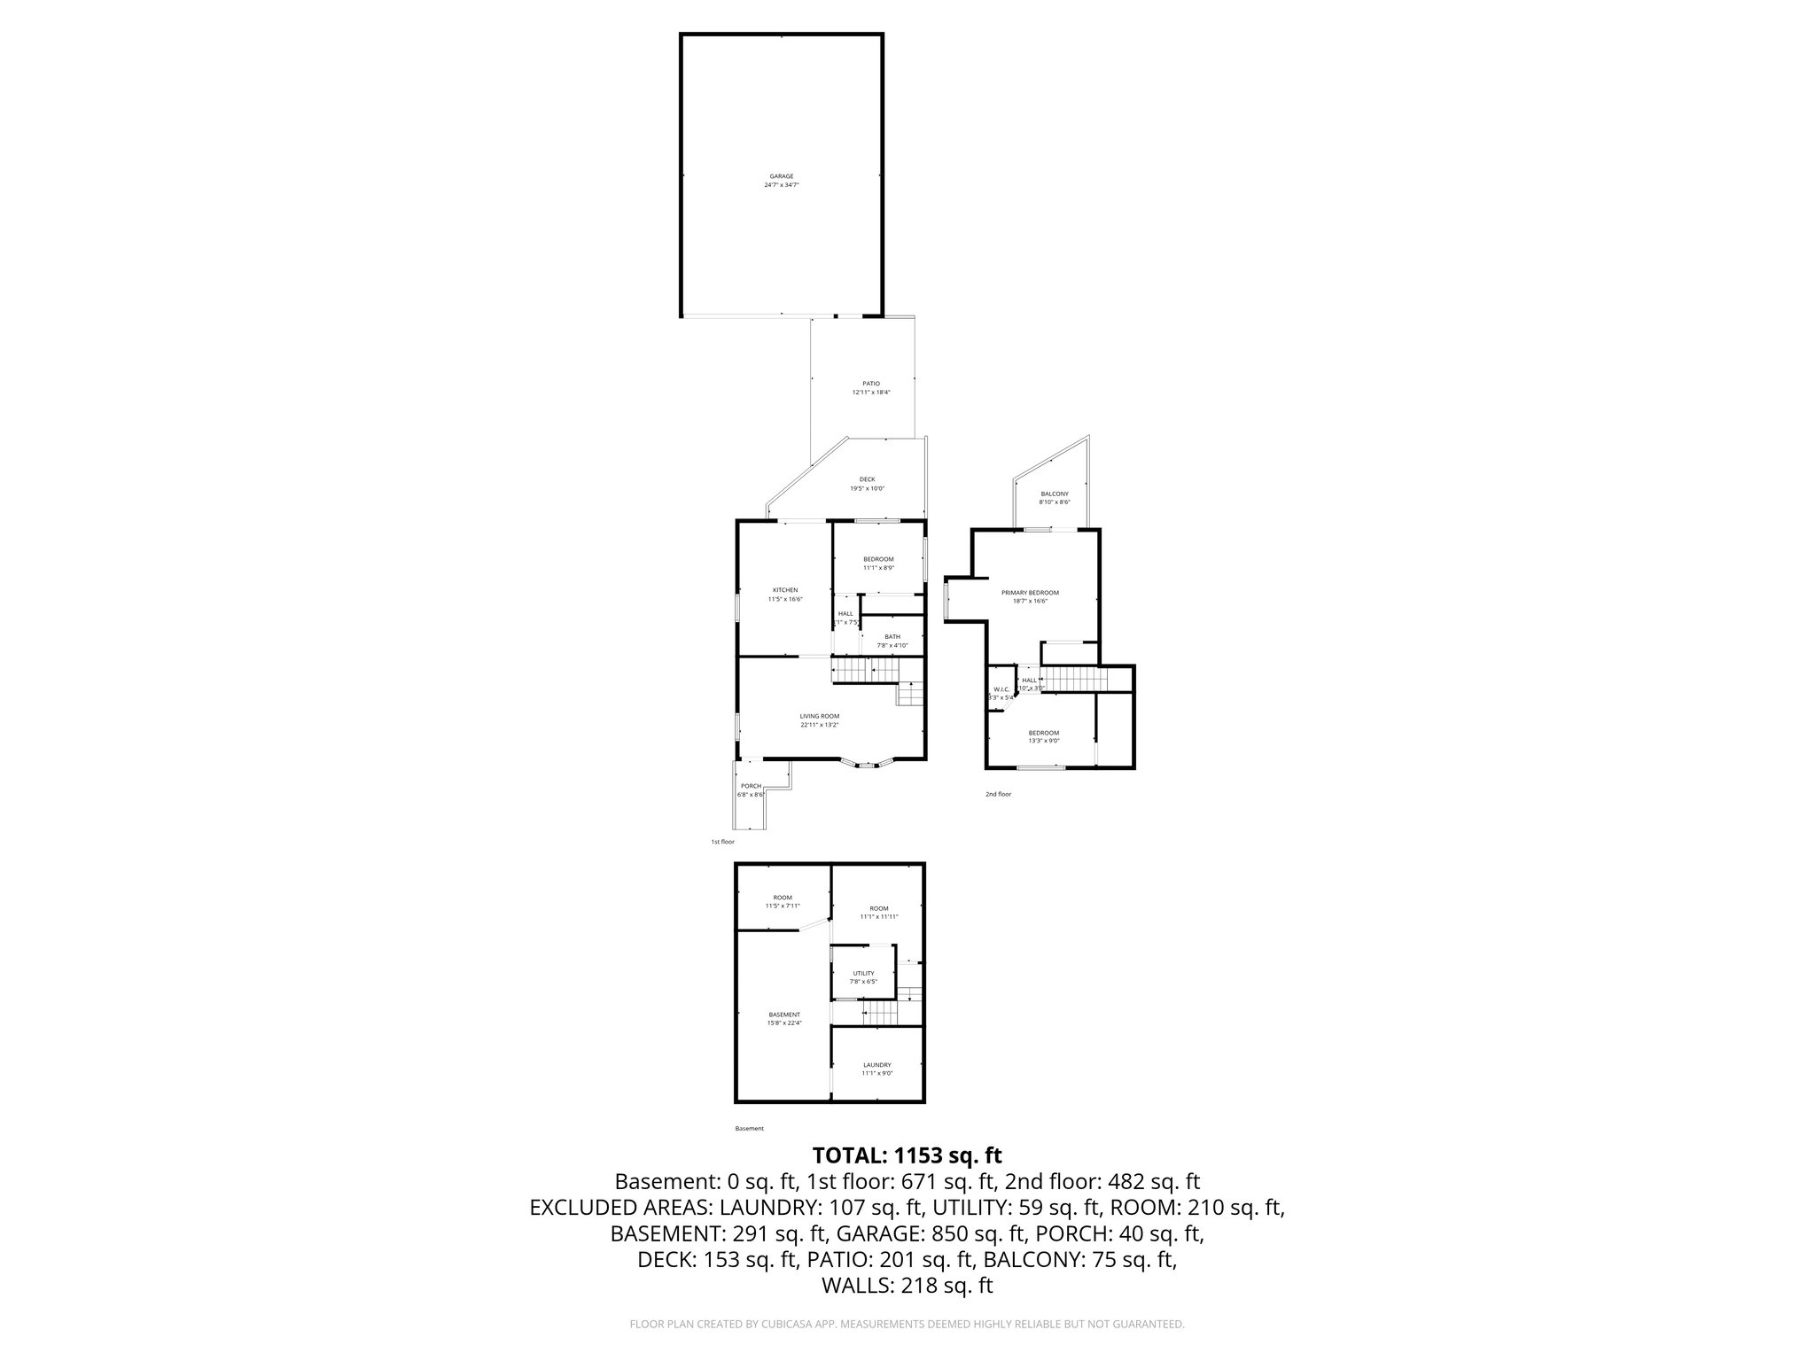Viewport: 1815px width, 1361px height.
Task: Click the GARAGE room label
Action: tap(781, 175)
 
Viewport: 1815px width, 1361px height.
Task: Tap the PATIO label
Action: tap(871, 383)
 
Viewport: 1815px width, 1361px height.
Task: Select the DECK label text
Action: tap(867, 479)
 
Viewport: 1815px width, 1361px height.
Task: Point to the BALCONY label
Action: tap(1055, 494)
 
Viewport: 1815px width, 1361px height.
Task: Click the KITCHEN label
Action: tap(785, 590)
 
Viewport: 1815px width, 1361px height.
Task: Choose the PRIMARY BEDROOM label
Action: tap(1030, 592)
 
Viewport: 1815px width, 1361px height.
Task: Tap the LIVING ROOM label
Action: tap(820, 716)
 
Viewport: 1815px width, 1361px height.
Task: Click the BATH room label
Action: tap(892, 636)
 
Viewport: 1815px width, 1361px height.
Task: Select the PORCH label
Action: tap(751, 786)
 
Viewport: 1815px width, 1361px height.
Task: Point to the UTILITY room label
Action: tap(863, 973)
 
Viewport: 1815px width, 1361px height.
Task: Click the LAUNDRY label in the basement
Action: tap(877, 1065)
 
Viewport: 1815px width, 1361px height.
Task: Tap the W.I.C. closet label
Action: tap(1001, 689)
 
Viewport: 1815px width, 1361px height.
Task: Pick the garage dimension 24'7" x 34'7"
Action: tap(781, 185)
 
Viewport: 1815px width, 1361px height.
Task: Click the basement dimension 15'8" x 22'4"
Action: tap(784, 1023)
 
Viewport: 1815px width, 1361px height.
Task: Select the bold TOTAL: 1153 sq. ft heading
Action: tap(907, 1155)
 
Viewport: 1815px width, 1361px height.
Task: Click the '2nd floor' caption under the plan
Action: tap(998, 794)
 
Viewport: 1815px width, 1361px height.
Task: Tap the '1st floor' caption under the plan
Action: tap(722, 841)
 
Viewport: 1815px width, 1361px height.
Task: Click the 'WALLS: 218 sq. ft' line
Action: tap(907, 1286)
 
